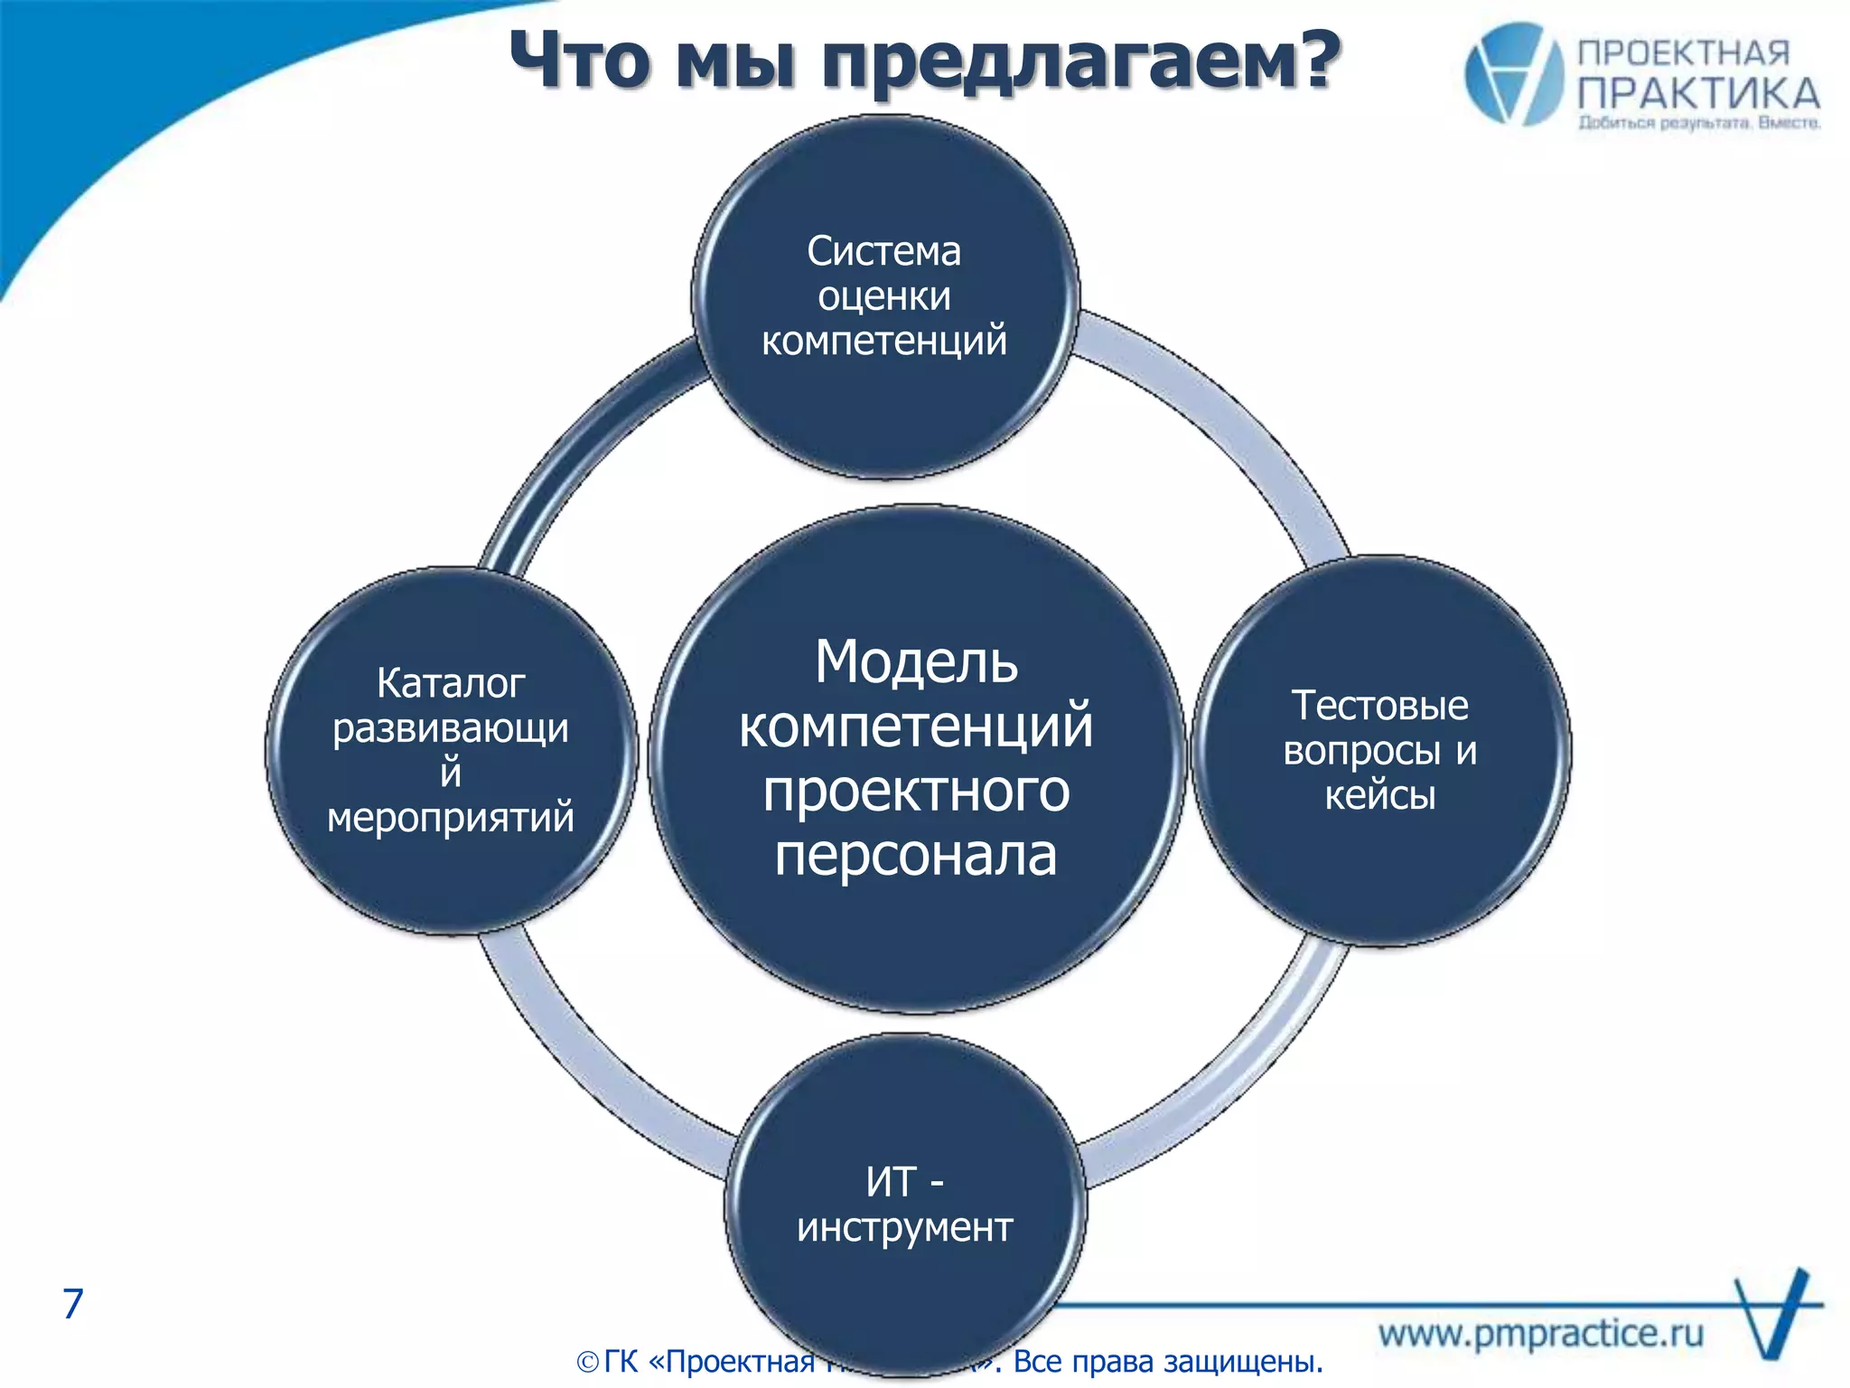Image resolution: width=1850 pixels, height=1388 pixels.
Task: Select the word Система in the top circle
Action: (883, 251)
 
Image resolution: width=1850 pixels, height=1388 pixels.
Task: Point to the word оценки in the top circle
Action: (883, 296)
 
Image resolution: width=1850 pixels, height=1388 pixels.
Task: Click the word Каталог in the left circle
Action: (451, 683)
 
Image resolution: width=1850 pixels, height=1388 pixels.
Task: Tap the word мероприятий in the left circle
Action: (451, 817)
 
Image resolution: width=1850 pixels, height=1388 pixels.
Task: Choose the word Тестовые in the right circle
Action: (1379, 706)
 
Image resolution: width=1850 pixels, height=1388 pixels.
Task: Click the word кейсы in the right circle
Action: (1379, 795)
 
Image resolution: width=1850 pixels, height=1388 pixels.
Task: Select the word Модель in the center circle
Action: (916, 661)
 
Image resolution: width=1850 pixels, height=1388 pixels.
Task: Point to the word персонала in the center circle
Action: (916, 855)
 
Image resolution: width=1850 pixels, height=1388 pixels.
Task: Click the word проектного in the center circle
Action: (916, 792)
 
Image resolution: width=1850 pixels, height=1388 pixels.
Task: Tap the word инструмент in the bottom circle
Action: (904, 1227)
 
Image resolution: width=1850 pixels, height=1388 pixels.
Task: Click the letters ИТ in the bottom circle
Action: (891, 1181)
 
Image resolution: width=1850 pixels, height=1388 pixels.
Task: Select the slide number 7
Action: (73, 1303)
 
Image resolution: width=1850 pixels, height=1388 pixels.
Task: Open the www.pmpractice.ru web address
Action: (1541, 1333)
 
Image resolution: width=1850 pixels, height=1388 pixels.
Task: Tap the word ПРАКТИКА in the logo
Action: (1698, 94)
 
